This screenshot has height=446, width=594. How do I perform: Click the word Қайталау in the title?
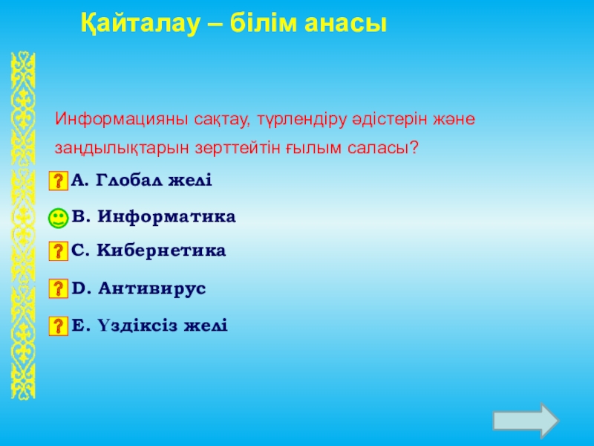click(x=140, y=25)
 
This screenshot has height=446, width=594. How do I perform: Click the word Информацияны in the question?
click(x=122, y=120)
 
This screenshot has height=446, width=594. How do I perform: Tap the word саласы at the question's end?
click(x=382, y=147)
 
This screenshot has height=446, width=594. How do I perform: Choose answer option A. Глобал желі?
click(x=141, y=180)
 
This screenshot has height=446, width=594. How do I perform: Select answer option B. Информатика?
click(x=154, y=217)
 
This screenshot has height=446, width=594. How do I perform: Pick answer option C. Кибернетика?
click(x=148, y=251)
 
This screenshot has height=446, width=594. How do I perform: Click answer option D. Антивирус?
click(x=139, y=288)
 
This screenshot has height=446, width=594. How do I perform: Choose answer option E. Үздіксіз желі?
click(x=150, y=326)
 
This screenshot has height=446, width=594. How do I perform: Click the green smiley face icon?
click(x=59, y=218)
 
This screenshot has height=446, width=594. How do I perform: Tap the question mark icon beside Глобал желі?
click(x=59, y=181)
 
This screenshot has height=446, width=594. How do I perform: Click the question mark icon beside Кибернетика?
click(x=59, y=251)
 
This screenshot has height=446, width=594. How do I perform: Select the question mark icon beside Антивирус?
click(x=59, y=288)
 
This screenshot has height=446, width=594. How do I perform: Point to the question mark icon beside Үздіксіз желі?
click(x=59, y=326)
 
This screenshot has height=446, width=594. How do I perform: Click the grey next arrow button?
click(x=526, y=421)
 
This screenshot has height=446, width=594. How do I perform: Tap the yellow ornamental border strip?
click(x=23, y=225)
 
